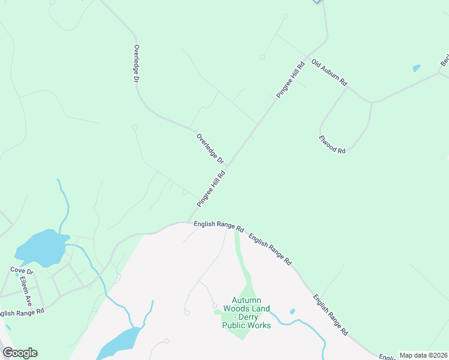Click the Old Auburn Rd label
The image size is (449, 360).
tap(330, 71)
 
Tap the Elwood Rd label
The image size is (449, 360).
tap(332, 145)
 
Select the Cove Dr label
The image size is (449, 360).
tap(22, 271)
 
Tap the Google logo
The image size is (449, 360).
tap(20, 352)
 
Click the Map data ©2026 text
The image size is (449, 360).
tap(423, 355)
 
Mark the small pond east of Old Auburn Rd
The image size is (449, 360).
tap(417, 68)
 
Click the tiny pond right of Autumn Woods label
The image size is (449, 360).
tap(292, 311)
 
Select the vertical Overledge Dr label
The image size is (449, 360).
tap(137, 63)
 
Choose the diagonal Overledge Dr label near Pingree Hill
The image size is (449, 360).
tap(210, 149)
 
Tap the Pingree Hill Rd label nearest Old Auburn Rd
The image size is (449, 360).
tap(291, 79)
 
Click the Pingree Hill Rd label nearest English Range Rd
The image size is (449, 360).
tap(211, 189)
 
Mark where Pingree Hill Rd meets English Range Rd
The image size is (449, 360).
tap(188, 223)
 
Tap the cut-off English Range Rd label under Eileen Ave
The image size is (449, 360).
tap(22, 313)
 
